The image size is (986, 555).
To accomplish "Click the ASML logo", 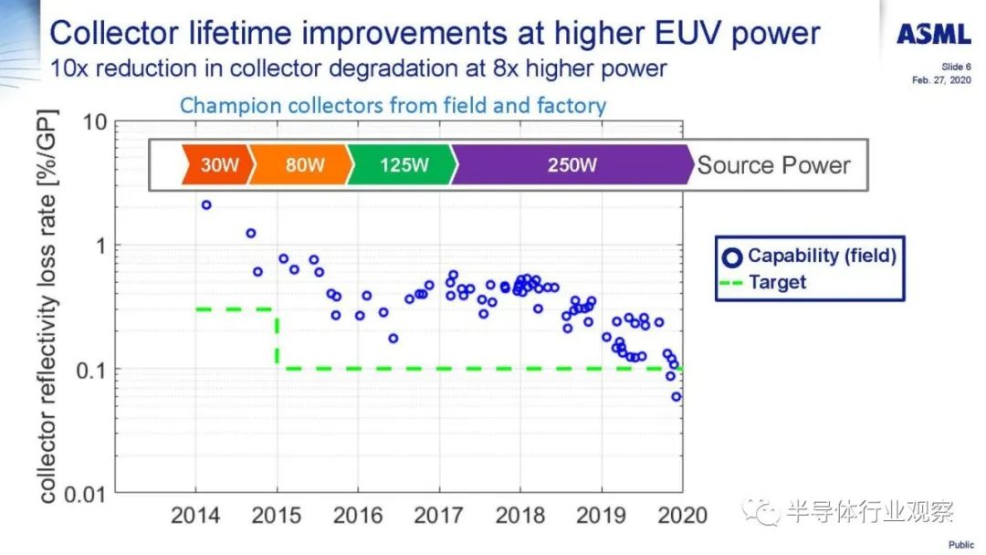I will (933, 34).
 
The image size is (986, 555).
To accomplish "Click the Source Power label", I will (773, 165).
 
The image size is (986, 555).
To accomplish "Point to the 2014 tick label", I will (195, 516).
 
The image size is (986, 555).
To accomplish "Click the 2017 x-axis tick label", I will (438, 516).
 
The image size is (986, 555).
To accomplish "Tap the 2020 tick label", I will (682, 516).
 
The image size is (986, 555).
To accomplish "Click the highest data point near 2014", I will (206, 204).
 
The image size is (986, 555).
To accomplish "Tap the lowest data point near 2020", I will (677, 396).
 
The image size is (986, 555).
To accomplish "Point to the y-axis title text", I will (47, 307).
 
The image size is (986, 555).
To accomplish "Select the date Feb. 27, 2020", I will (941, 79).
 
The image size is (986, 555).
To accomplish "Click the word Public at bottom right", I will (960, 545).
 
